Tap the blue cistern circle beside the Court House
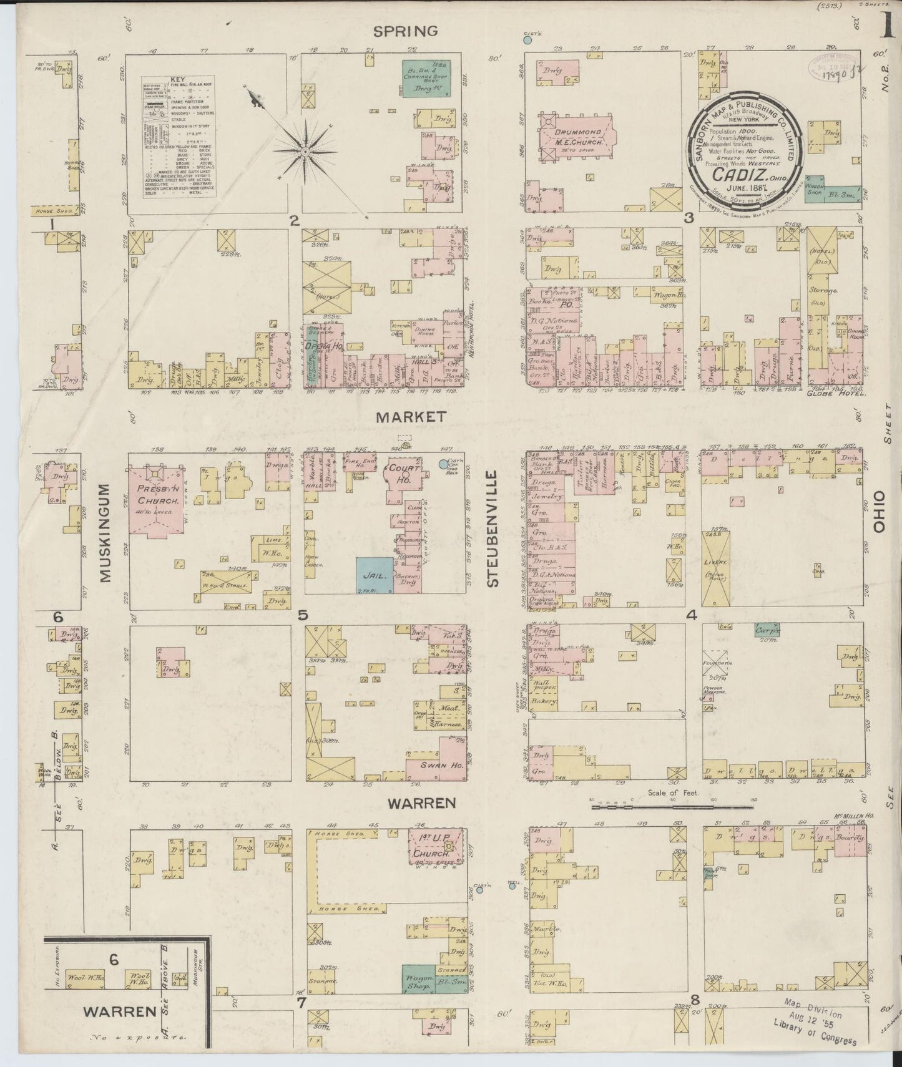pyautogui.click(x=444, y=464)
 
